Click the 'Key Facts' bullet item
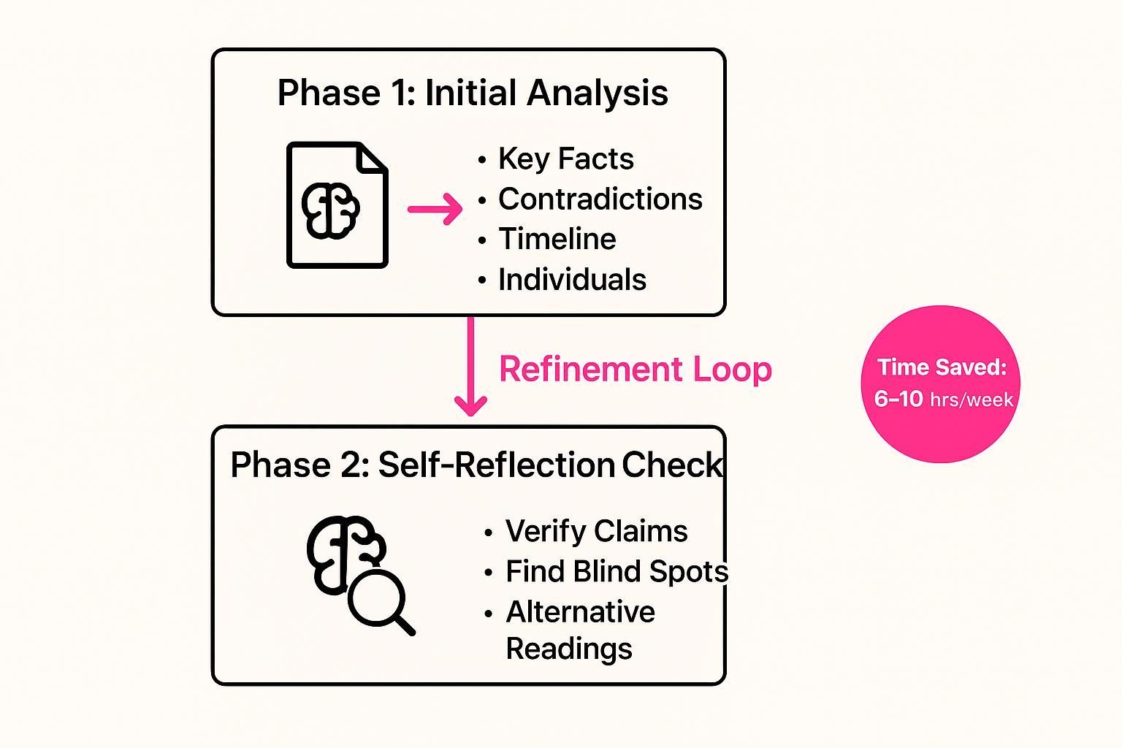(x=565, y=159)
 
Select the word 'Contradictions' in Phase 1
(x=600, y=199)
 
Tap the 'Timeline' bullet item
(x=557, y=239)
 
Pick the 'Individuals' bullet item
(x=572, y=279)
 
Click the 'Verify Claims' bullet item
(x=596, y=531)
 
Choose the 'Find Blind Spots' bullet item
(x=617, y=571)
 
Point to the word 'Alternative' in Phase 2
(x=580, y=611)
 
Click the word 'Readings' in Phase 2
(x=568, y=649)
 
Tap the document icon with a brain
(x=337, y=205)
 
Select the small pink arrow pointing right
(x=435, y=210)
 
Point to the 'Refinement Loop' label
(x=635, y=369)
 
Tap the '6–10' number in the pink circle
(x=898, y=399)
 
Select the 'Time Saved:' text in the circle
(x=942, y=367)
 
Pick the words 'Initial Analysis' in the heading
(x=546, y=93)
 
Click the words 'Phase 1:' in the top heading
(x=346, y=93)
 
